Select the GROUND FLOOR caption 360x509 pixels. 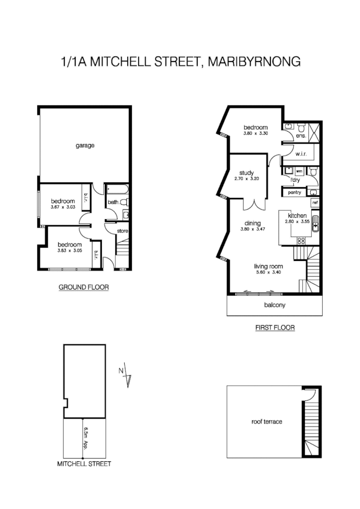pyautogui.click(x=84, y=287)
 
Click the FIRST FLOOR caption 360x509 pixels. pyautogui.click(x=274, y=328)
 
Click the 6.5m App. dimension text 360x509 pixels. pyautogui.click(x=86, y=435)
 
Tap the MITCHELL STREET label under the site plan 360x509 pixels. pyautogui.click(x=84, y=464)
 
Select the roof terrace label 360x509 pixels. pyautogui.click(x=267, y=422)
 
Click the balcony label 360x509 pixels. pyautogui.click(x=274, y=305)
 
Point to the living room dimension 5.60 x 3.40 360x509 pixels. pyautogui.click(x=268, y=272)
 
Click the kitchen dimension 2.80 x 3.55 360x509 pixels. pyautogui.click(x=297, y=222)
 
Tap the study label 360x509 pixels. pyautogui.click(x=247, y=172)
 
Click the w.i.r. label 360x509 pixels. pyautogui.click(x=300, y=154)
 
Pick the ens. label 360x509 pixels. pyautogui.click(x=300, y=136)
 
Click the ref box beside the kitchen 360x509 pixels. pyautogui.click(x=315, y=203)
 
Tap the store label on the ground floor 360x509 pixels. pyautogui.click(x=123, y=231)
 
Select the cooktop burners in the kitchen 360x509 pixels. pyautogui.click(x=301, y=240)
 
